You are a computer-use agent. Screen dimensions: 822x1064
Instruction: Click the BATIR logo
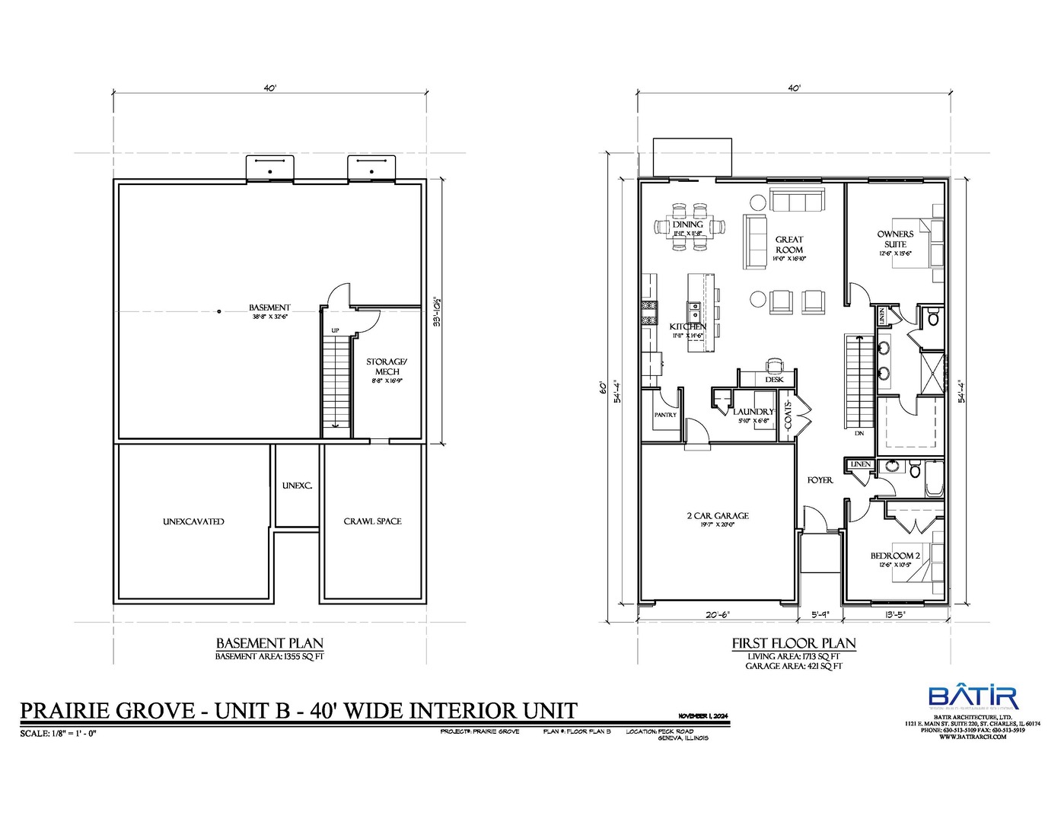[972, 697]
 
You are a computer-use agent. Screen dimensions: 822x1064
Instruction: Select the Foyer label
[820, 480]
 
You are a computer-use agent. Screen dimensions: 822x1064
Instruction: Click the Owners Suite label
[895, 238]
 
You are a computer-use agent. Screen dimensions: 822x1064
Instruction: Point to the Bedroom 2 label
[895, 556]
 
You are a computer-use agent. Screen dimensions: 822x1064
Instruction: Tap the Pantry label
[665, 415]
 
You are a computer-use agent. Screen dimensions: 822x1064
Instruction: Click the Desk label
[774, 379]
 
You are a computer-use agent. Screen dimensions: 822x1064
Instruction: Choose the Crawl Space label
[372, 521]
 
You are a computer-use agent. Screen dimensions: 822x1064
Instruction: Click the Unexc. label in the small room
[297, 486]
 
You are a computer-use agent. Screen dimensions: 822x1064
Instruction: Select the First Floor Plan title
[794, 643]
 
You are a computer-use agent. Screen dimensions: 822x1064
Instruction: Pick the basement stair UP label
[335, 330]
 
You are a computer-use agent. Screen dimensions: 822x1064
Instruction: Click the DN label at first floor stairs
[859, 433]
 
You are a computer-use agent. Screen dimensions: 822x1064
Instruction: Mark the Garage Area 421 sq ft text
[794, 666]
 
